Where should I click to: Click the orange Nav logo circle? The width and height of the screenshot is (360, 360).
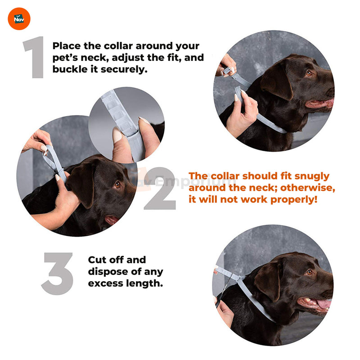click(19, 19)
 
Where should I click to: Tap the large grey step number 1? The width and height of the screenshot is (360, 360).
click(34, 57)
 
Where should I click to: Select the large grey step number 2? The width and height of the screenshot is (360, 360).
click(161, 188)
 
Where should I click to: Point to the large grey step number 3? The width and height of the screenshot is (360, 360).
click(58, 274)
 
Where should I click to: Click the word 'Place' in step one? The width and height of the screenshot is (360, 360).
click(67, 46)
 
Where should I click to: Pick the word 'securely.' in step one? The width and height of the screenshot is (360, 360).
click(124, 69)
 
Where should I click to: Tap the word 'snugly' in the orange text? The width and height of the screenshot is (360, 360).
click(312, 176)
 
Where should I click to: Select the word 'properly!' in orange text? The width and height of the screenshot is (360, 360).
click(294, 200)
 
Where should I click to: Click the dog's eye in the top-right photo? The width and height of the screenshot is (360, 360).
click(309, 73)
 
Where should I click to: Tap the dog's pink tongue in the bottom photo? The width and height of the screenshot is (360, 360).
click(324, 304)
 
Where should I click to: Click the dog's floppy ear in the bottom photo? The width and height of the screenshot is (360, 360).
click(268, 281)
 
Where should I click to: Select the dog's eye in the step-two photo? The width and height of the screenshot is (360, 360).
click(117, 184)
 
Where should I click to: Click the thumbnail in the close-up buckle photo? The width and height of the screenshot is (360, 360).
click(117, 135)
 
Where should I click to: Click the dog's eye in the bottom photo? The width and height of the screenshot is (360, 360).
click(309, 272)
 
